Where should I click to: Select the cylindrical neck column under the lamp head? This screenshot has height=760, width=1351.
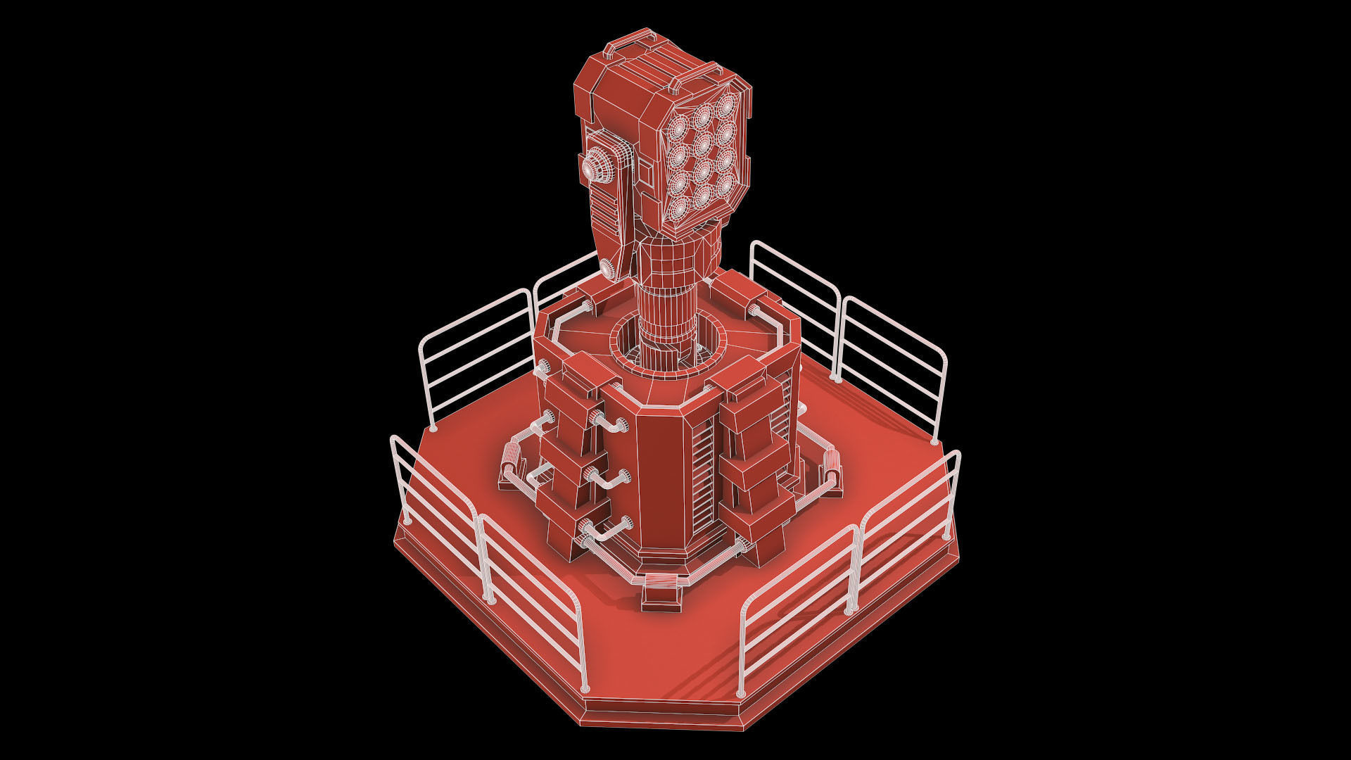point(668,296)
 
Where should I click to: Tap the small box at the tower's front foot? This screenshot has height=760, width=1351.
point(661,595)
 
